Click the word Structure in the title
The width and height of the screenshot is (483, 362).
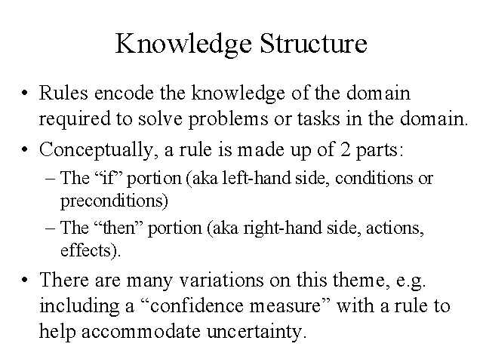point(313,43)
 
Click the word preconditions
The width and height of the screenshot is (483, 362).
point(113,202)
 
